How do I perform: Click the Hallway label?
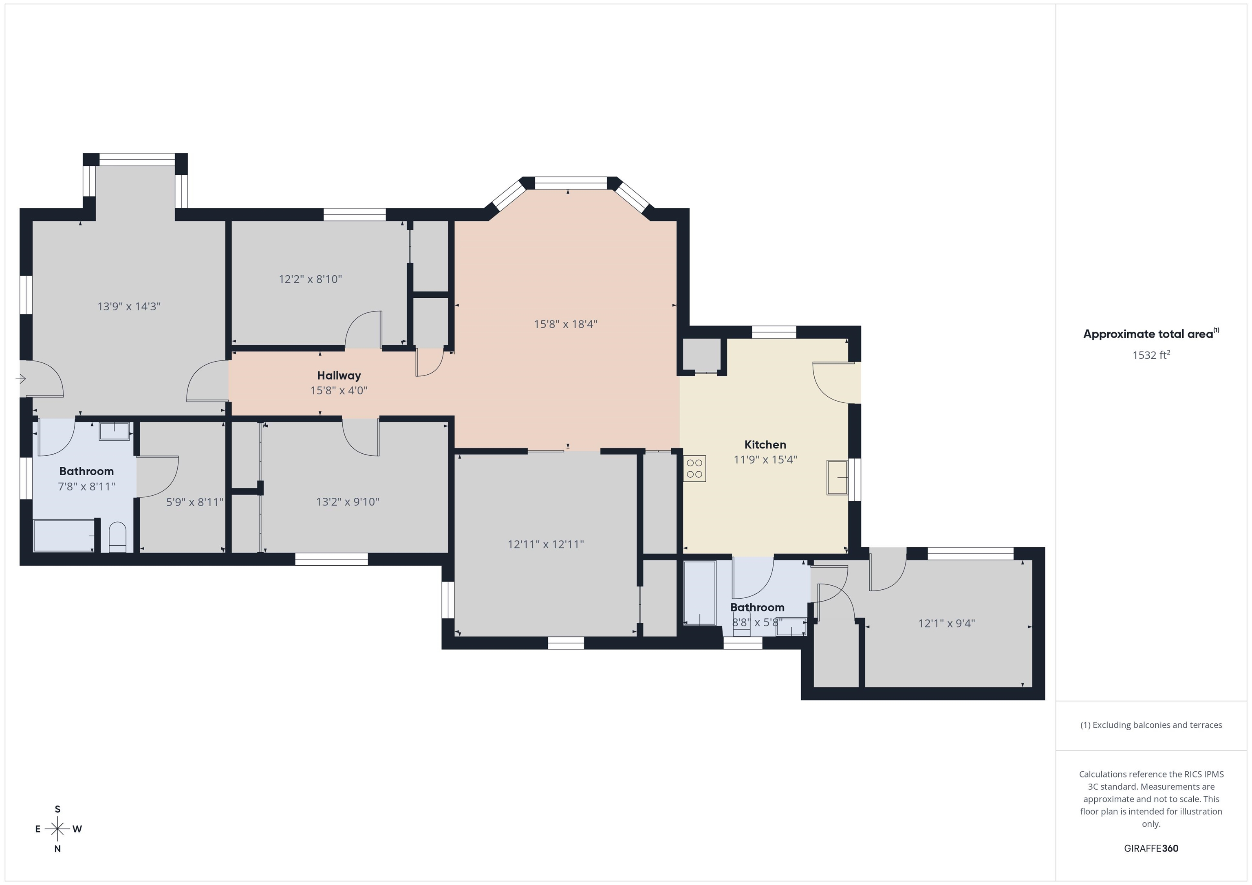[339, 376]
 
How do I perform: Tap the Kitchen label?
[765, 445]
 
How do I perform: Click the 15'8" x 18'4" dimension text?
[565, 324]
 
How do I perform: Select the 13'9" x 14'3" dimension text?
[129, 306]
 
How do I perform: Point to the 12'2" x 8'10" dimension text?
[310, 279]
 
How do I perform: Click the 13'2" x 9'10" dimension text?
[347, 501]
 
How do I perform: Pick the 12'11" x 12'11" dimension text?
[545, 544]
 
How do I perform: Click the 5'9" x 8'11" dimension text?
[195, 502]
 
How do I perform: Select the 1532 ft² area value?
[1151, 355]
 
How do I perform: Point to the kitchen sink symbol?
[837, 477]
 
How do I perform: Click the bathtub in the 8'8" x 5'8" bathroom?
[700, 593]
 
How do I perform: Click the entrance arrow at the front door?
[21, 378]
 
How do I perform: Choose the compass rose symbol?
[57, 829]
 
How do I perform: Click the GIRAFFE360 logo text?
[1151, 848]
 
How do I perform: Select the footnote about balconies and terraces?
[1151, 725]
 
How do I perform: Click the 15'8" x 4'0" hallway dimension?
[339, 390]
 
